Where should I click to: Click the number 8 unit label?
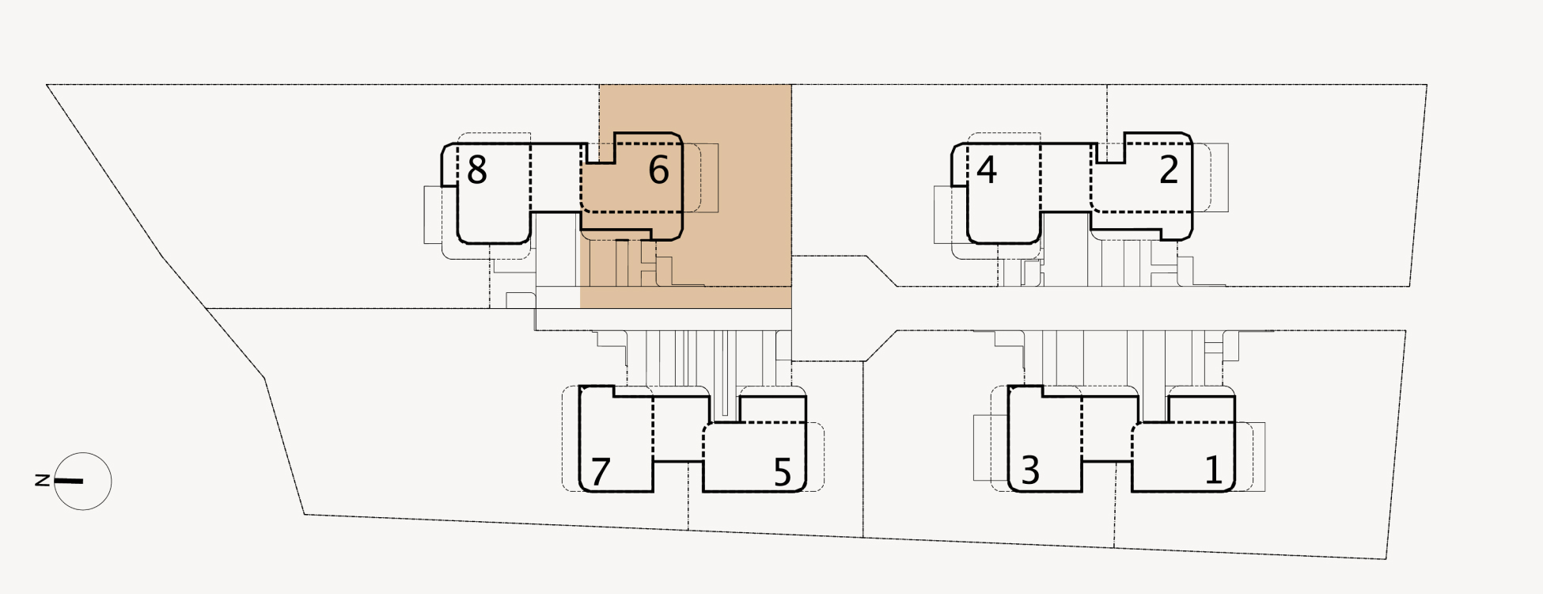476,170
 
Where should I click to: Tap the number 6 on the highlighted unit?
658,170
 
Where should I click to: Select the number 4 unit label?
986,170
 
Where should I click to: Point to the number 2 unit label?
1169,170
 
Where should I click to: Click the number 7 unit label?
601,472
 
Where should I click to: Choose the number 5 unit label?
782,472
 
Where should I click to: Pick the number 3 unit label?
1030,470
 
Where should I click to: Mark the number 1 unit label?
1213,470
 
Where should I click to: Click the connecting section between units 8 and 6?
557,178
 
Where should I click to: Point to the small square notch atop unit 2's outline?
1111,150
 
